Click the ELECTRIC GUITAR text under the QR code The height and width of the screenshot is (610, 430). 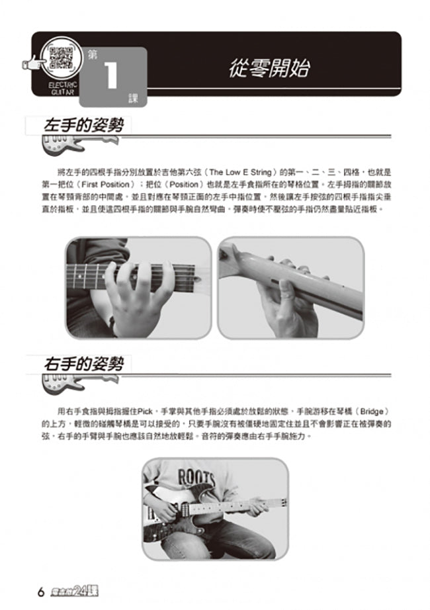point(62,88)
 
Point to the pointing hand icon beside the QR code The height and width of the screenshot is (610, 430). point(30,64)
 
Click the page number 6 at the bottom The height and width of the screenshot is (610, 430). point(40,591)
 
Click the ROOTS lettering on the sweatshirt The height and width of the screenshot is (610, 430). point(196,476)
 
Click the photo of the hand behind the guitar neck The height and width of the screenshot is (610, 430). point(290,287)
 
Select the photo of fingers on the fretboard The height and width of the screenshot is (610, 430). point(138,287)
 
